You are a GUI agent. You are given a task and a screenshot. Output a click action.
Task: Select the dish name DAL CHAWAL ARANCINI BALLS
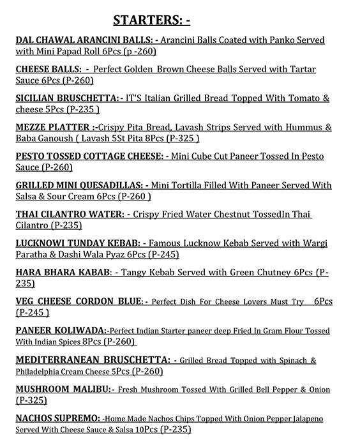(x=84, y=40)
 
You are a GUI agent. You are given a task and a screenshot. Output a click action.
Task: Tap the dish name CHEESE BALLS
(x=48, y=69)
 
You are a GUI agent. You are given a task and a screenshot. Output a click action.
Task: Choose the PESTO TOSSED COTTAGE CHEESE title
(x=89, y=156)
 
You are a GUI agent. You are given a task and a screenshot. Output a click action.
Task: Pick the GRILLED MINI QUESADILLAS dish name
(x=82, y=185)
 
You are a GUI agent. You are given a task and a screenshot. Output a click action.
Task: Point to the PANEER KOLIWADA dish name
(x=61, y=331)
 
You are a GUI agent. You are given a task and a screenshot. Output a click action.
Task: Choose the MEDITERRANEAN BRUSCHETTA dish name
(x=93, y=360)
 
